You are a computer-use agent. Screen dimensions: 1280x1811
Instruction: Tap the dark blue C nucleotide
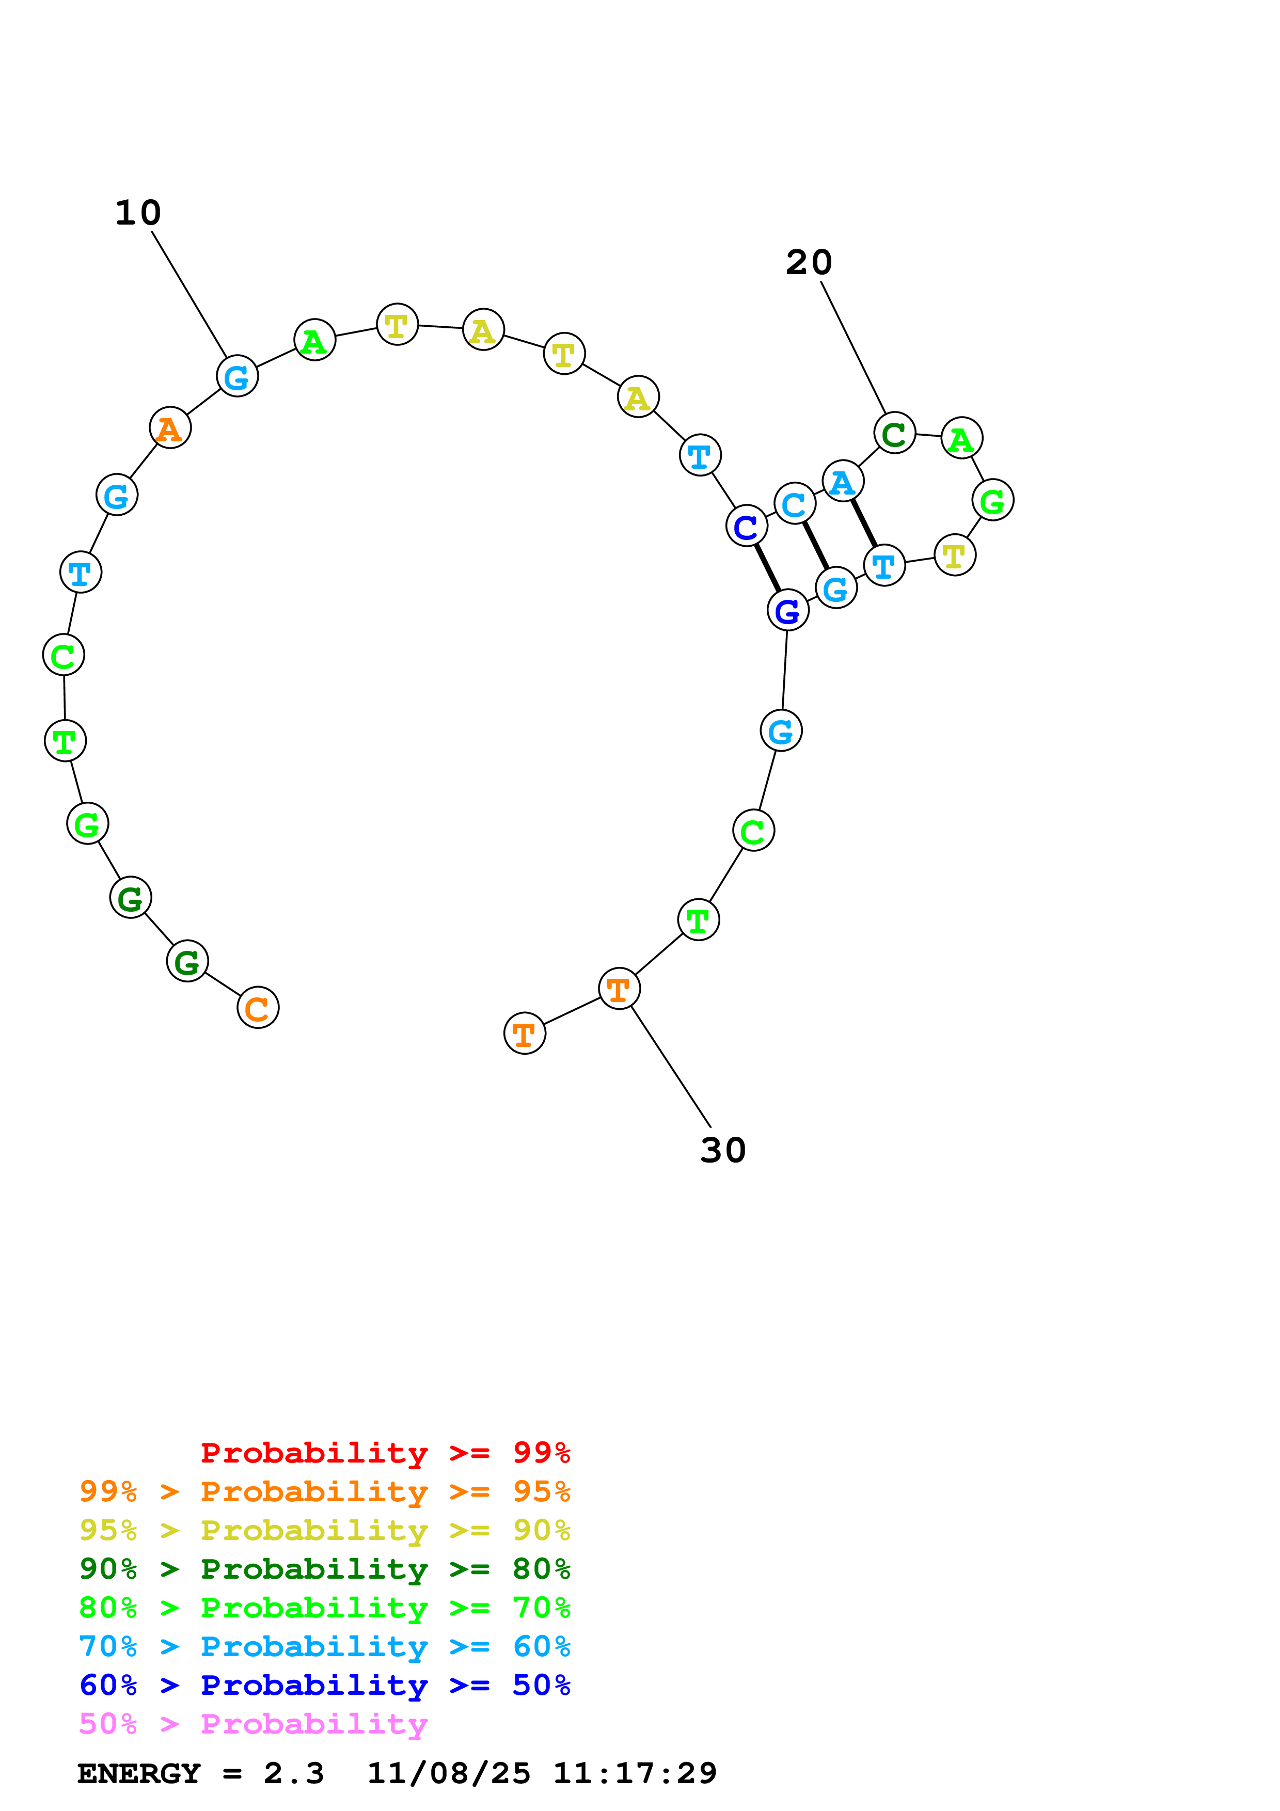click(746, 526)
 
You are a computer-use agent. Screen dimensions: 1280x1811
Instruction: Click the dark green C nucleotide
click(894, 433)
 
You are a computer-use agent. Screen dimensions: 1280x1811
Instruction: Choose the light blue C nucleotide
click(794, 503)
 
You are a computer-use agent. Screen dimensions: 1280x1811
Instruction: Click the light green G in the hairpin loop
click(992, 500)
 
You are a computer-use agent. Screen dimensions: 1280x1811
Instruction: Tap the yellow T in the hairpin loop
click(954, 555)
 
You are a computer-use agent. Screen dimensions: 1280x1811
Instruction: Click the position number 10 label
click(138, 213)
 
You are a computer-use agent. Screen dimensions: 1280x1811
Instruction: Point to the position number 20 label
click(809, 263)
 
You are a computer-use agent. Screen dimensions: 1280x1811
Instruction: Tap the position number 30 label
click(722, 1151)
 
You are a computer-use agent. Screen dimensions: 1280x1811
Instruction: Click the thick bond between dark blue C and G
click(767, 568)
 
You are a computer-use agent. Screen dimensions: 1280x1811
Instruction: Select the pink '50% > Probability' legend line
click(253, 1723)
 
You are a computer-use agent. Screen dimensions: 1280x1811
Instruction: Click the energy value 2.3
click(293, 1773)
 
